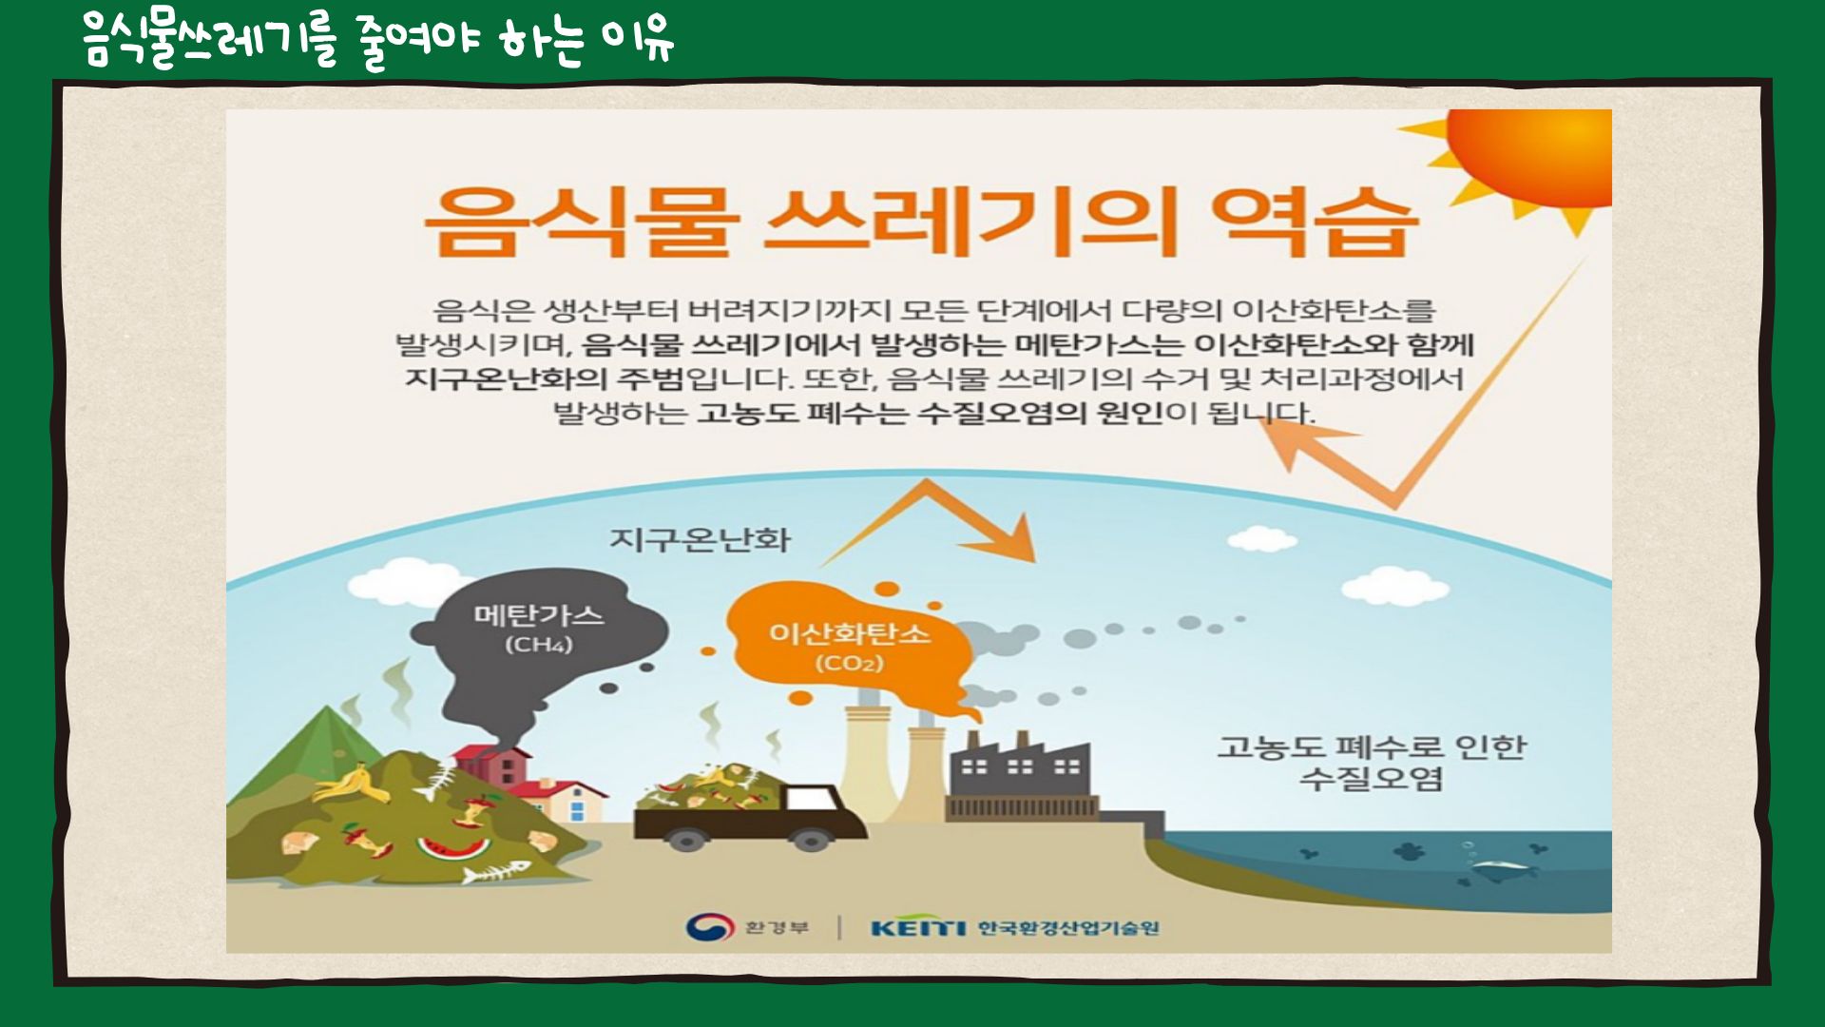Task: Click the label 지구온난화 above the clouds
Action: tap(700, 539)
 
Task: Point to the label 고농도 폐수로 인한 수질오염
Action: tap(1371, 762)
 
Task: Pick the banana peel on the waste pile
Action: tap(352, 785)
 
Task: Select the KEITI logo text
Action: tap(917, 927)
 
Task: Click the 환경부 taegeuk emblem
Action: tap(709, 926)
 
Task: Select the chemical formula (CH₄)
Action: tap(538, 645)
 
